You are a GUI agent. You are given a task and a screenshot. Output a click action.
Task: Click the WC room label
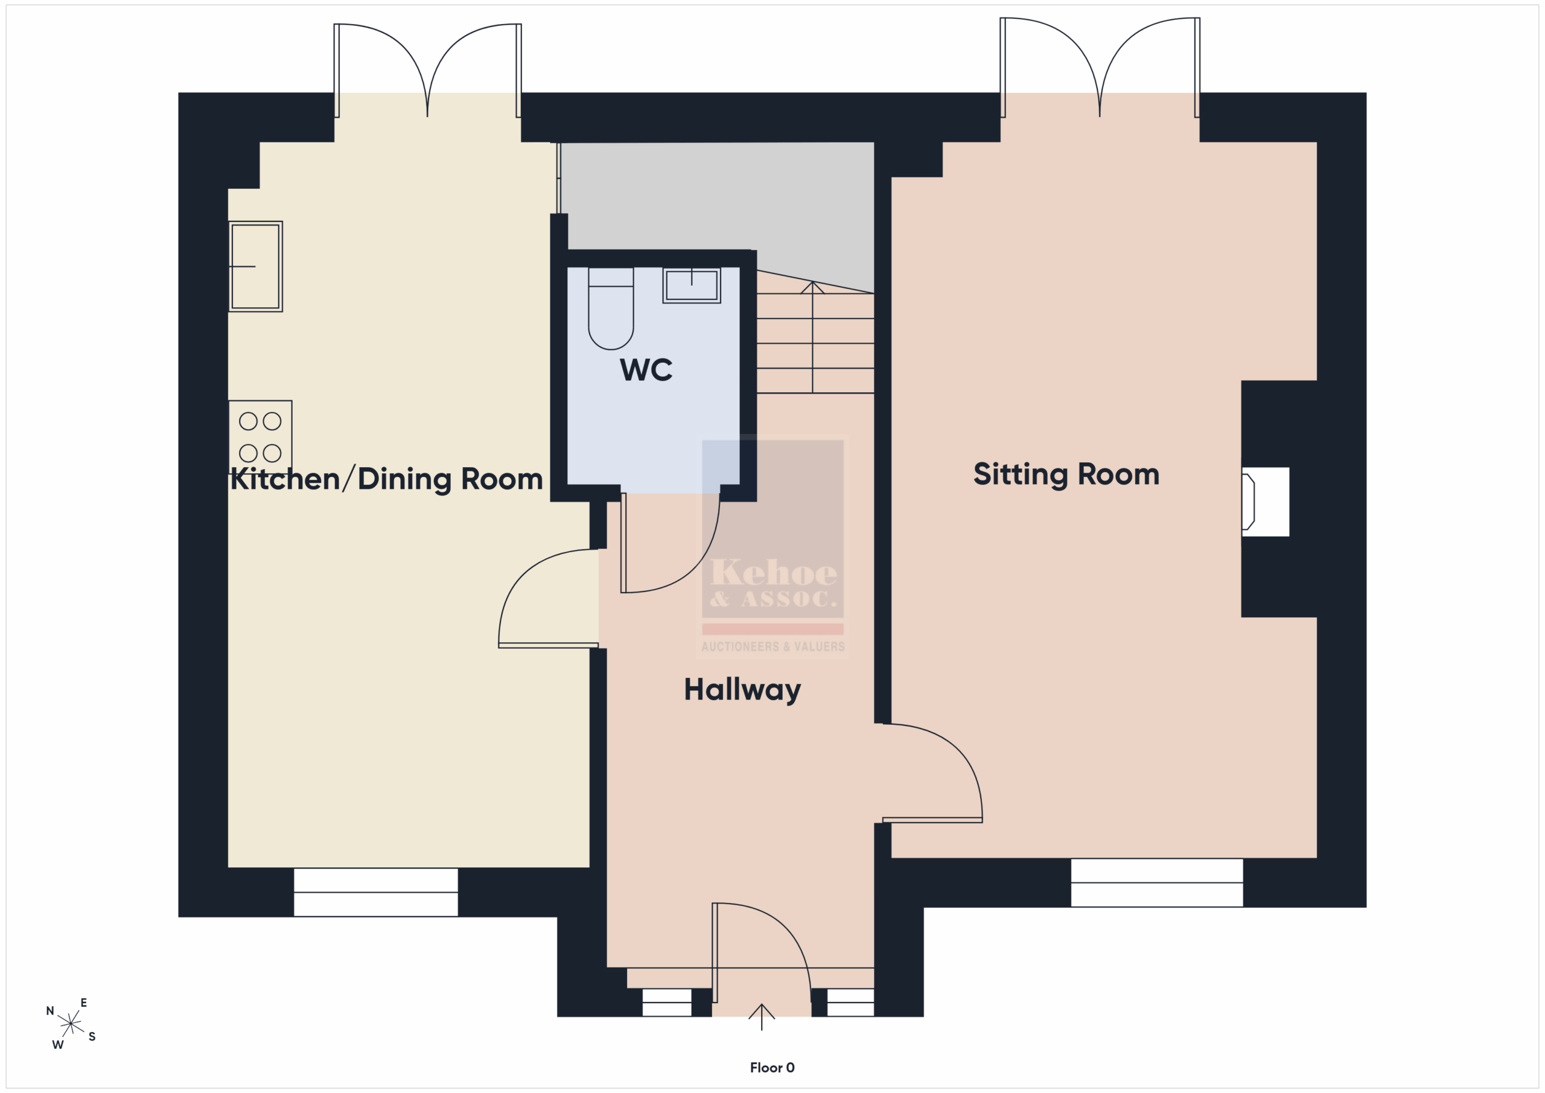click(x=646, y=369)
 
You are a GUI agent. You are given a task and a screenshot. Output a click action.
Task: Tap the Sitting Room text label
click(x=1066, y=474)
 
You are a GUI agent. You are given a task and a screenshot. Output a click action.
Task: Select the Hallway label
click(x=742, y=690)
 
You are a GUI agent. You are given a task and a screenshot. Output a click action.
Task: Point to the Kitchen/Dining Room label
click(x=386, y=479)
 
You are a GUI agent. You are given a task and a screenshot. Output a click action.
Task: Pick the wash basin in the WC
click(x=692, y=285)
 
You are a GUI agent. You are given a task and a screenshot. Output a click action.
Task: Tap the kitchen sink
click(x=256, y=267)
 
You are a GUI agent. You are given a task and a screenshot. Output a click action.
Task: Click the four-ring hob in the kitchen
click(x=260, y=437)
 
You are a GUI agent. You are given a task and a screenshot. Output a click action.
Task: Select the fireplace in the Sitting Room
click(x=1265, y=502)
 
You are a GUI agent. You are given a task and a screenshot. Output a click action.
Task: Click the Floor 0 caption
click(x=772, y=1068)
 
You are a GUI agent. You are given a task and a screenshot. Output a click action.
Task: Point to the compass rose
click(x=71, y=1024)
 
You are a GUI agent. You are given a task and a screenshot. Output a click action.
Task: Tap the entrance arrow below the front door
click(x=762, y=1017)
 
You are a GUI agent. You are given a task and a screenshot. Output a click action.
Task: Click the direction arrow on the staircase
click(x=813, y=337)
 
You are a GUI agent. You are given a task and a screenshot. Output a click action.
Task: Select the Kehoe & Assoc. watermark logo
click(x=772, y=546)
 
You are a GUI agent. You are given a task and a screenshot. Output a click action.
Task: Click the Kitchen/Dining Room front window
click(x=376, y=893)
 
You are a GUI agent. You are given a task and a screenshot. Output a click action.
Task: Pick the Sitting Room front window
click(x=1157, y=882)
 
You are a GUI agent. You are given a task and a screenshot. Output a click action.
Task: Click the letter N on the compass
click(x=50, y=1011)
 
